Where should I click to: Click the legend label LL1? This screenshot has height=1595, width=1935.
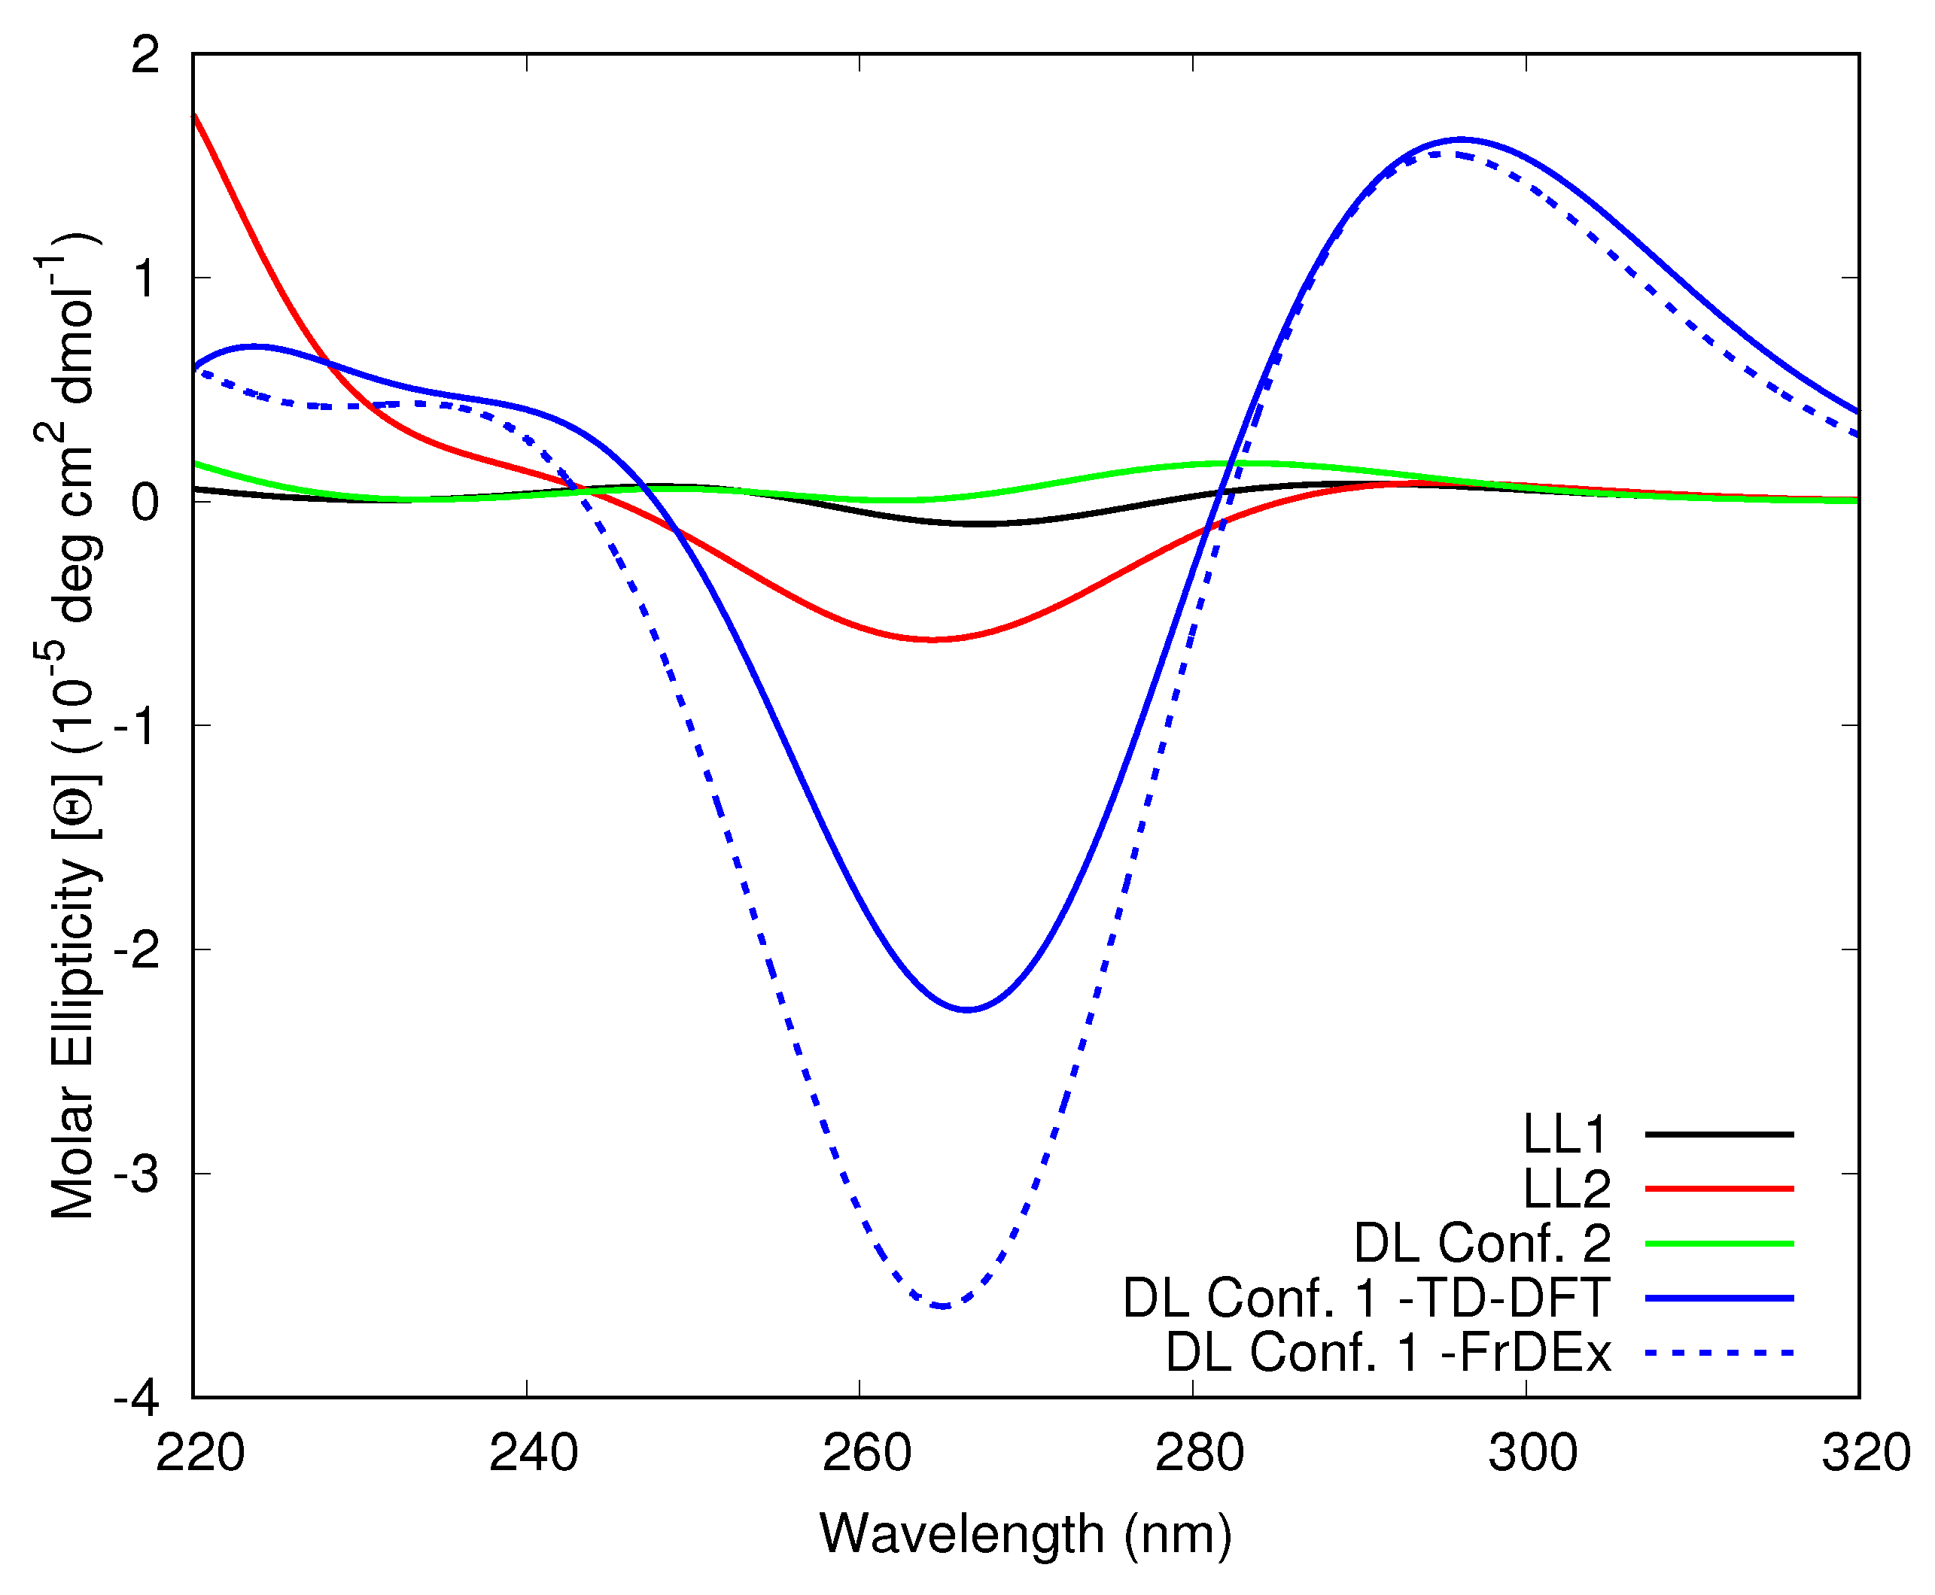1565,1135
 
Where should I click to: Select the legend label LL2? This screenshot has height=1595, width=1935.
1566,1189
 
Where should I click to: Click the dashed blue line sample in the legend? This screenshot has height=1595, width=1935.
1718,1353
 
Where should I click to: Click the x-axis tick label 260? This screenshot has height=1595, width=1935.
866,1454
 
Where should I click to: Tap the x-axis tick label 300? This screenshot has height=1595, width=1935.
1532,1454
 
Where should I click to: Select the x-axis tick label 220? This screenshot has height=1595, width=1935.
199,1454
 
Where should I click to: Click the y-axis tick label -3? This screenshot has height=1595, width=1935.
137,1174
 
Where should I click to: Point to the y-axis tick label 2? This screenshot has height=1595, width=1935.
145,55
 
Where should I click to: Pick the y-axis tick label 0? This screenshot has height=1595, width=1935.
145,503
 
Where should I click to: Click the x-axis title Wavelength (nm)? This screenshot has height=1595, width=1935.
1025,1533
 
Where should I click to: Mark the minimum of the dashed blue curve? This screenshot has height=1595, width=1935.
942,1305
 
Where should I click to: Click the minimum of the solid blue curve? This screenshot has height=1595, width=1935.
967,1010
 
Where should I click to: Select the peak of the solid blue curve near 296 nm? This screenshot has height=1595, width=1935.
1462,140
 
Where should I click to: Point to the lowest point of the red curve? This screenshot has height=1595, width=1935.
932,640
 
